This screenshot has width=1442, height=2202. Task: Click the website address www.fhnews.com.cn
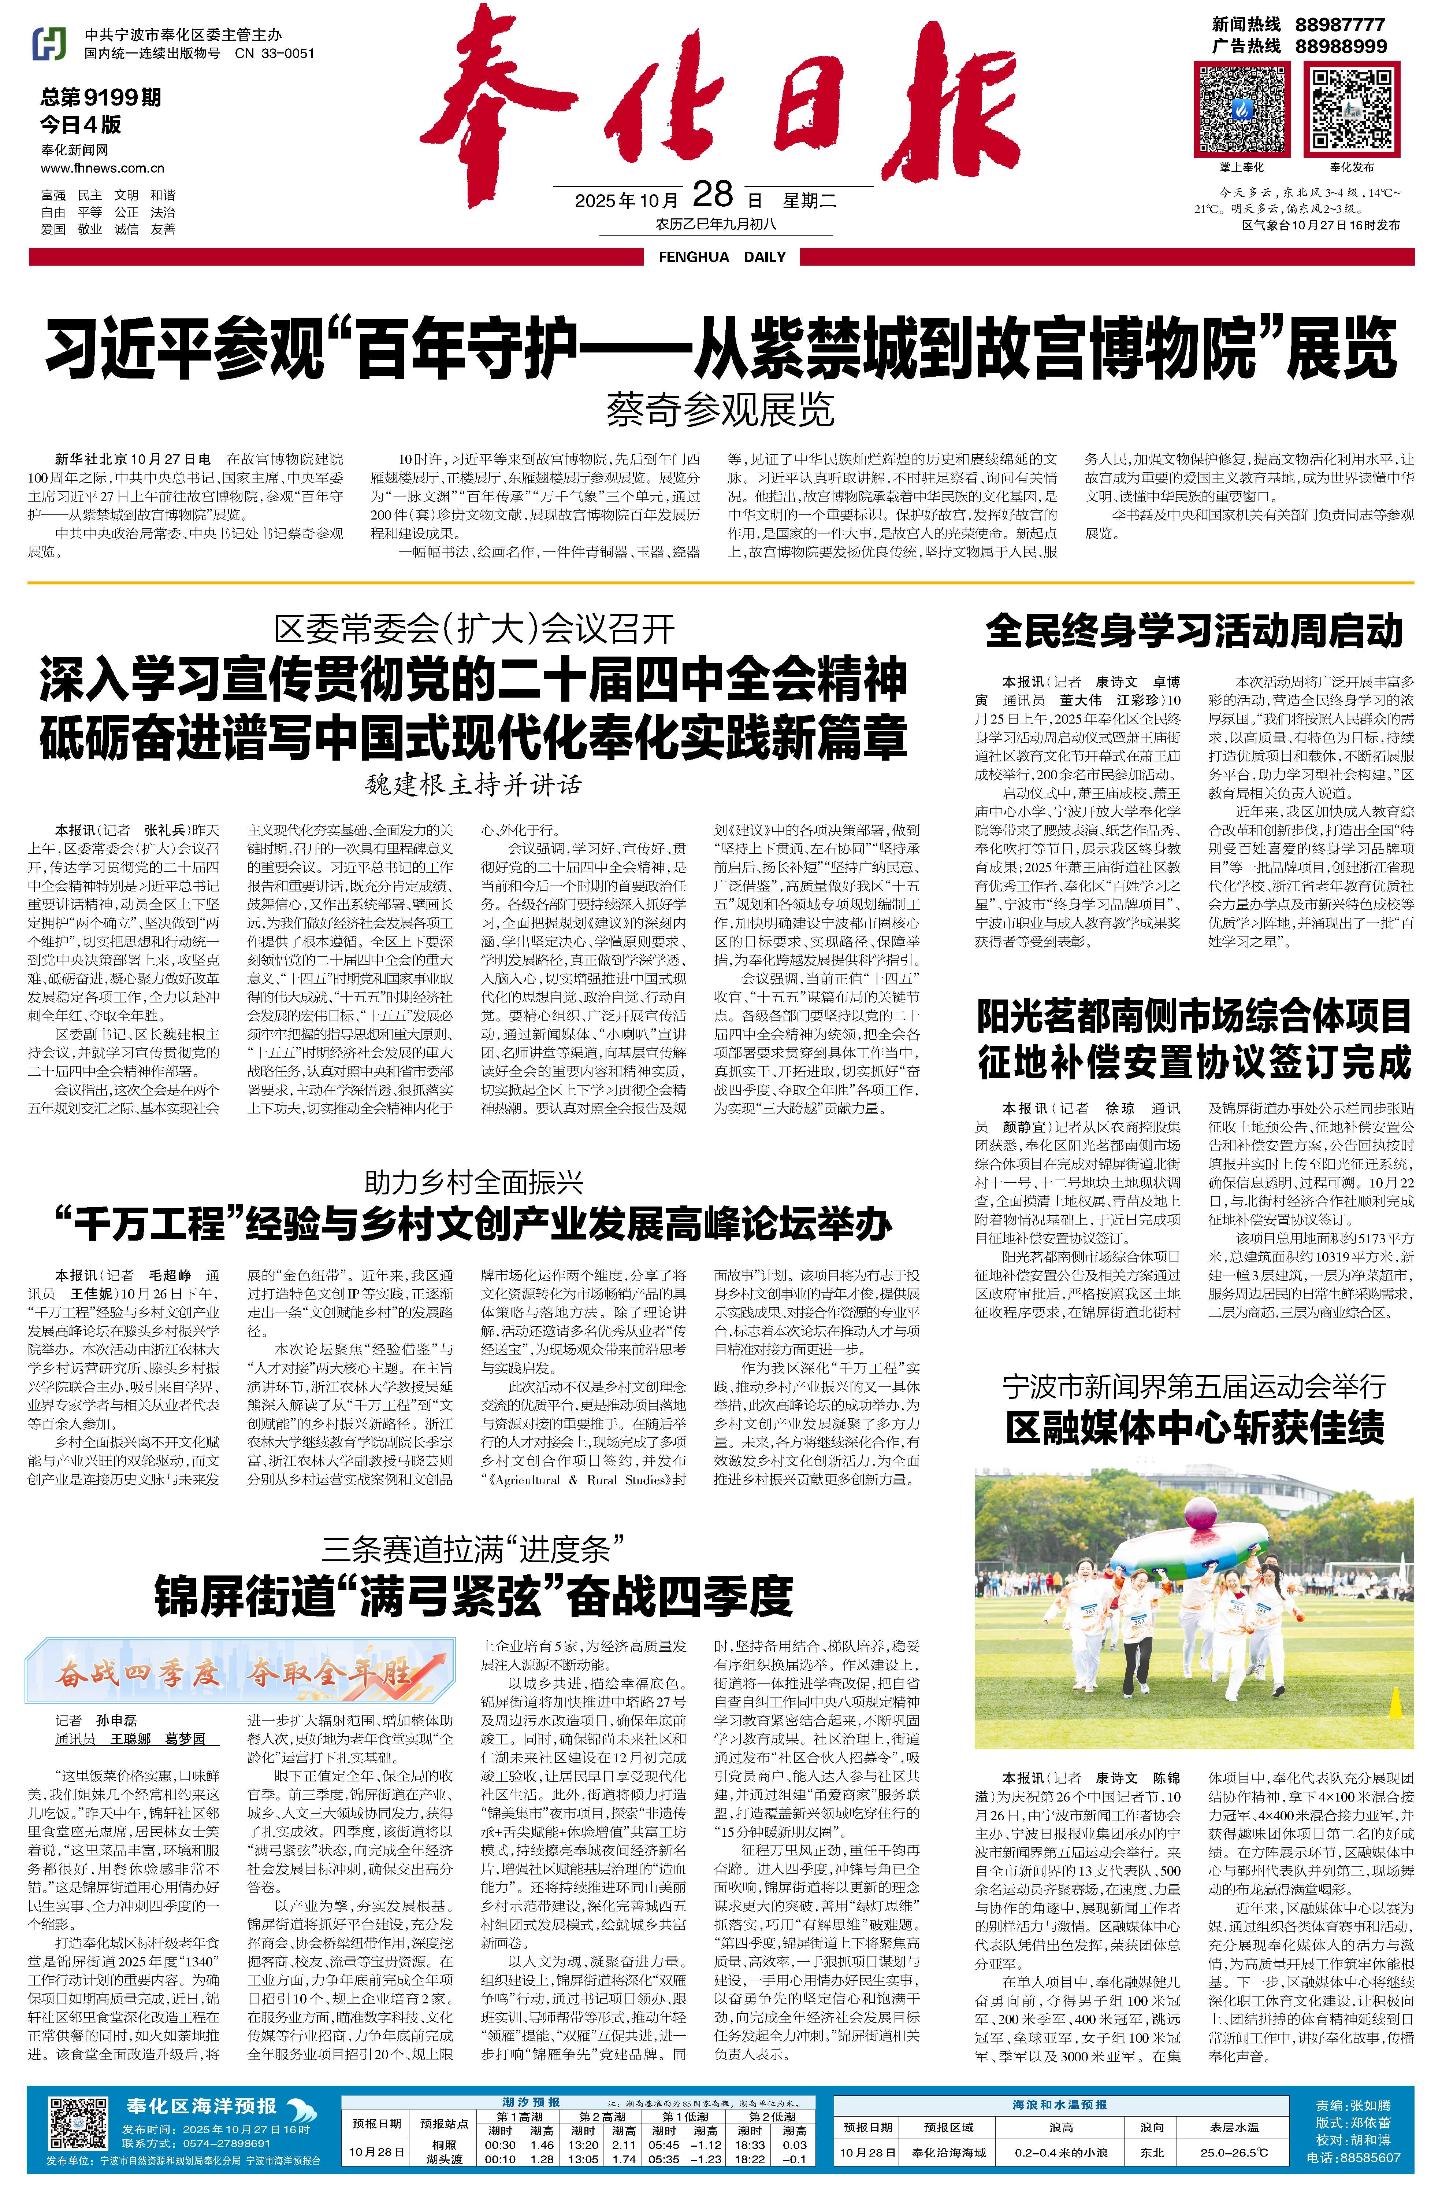[x=103, y=169]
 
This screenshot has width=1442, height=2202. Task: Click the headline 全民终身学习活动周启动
[x=1194, y=631]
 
